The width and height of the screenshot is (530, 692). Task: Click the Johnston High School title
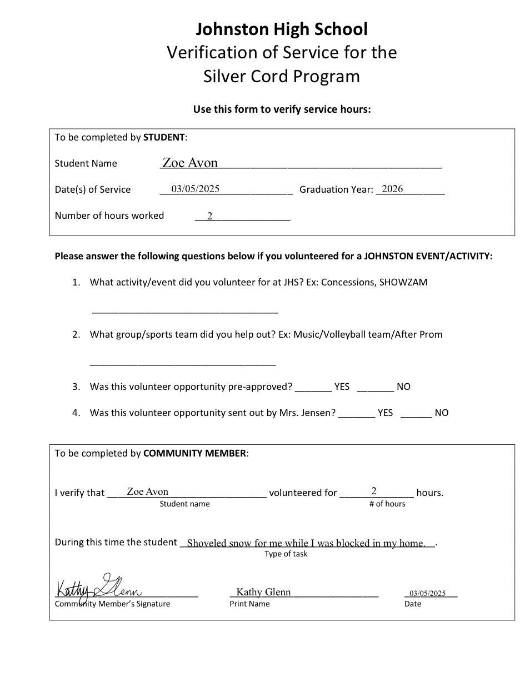tap(281, 29)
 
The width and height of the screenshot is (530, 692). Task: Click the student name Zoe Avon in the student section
tap(190, 163)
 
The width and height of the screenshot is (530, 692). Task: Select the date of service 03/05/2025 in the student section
tap(195, 189)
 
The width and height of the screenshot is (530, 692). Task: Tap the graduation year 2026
tap(392, 189)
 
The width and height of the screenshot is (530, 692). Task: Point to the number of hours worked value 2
tap(210, 216)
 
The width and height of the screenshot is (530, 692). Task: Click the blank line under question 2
tap(183, 364)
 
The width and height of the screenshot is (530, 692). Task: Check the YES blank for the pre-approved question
tap(313, 387)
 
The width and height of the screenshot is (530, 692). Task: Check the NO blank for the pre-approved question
tap(375, 387)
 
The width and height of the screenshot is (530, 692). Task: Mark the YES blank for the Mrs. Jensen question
tap(356, 413)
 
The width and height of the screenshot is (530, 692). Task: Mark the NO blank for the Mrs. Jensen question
tap(416, 413)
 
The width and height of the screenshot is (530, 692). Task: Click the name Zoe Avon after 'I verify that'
tap(147, 492)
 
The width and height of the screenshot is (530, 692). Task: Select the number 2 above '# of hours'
tap(374, 491)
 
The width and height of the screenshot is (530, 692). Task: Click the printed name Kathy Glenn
tap(263, 592)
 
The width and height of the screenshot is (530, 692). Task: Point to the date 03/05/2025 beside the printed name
tap(428, 593)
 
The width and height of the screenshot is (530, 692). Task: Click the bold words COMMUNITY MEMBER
tap(194, 453)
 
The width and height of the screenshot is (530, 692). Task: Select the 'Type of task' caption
tap(286, 554)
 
